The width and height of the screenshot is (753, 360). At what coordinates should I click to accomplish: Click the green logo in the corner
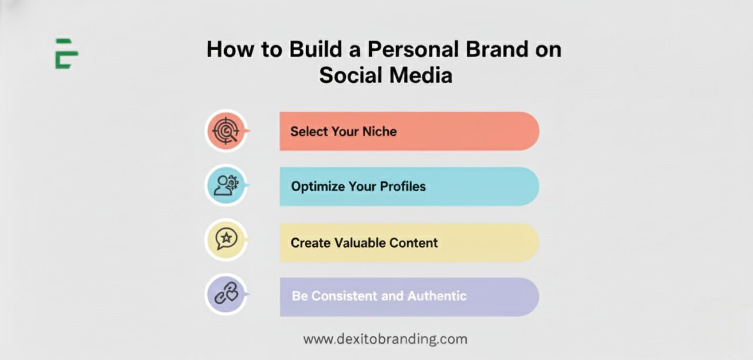tap(66, 54)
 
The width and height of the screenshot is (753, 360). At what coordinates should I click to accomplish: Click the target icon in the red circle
tap(226, 131)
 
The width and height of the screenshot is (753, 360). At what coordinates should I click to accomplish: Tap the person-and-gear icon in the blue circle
tap(226, 185)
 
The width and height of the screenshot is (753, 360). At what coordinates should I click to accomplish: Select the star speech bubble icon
tap(226, 239)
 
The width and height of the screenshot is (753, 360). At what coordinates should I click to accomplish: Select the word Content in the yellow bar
tap(417, 242)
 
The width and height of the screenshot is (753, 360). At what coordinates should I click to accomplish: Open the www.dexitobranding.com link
tap(385, 339)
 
